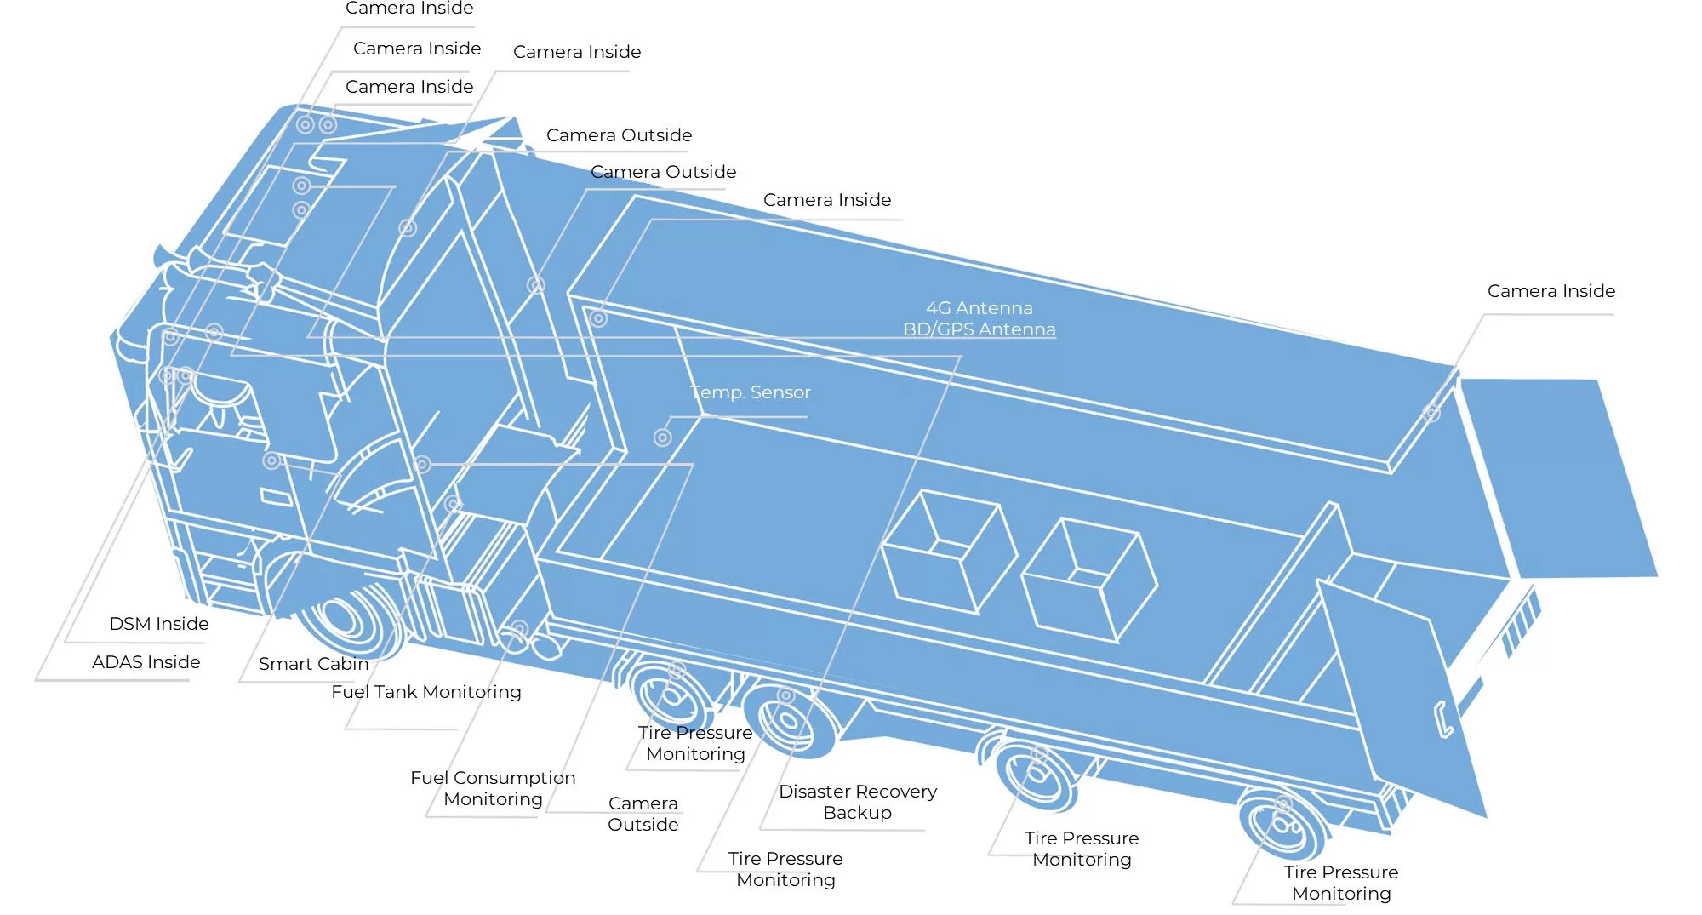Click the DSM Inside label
158,624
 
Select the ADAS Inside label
146,662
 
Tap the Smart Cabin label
313,664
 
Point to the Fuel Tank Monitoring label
425,692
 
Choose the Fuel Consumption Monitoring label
493,788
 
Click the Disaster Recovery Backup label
857,802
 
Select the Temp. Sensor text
750,392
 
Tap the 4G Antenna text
979,308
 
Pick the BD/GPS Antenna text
979,329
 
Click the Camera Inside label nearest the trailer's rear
1551,291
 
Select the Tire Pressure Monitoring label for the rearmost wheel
1340,883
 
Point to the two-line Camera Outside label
643,814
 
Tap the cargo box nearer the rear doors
1088,579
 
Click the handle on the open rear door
1443,719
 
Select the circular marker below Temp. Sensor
662,437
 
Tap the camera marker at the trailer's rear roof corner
1431,414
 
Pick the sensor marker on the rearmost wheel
1283,803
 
